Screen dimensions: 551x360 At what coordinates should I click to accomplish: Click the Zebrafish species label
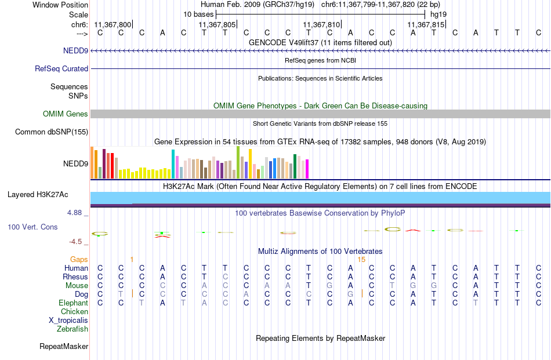click(72, 329)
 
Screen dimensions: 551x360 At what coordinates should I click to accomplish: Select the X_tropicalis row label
click(68, 321)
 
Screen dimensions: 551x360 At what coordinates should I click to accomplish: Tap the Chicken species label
click(74, 311)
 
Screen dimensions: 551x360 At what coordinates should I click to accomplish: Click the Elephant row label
click(74, 303)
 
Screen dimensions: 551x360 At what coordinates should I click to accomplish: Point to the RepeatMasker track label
click(64, 346)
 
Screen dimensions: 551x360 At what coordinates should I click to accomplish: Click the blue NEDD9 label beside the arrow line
click(75, 50)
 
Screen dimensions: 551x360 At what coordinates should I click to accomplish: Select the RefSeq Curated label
click(61, 68)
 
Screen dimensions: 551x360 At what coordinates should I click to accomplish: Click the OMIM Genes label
click(66, 114)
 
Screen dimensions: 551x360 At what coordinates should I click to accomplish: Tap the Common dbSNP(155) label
click(52, 132)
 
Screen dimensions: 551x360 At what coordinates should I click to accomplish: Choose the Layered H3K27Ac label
click(38, 195)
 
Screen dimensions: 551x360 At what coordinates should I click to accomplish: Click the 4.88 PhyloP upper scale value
click(74, 213)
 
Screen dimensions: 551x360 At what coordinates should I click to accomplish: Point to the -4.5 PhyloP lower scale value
click(75, 242)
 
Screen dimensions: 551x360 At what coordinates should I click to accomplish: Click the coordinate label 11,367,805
click(217, 24)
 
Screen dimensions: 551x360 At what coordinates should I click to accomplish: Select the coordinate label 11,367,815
click(426, 24)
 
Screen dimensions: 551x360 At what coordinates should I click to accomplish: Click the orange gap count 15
click(361, 260)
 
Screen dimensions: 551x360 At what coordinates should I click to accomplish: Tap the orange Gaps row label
click(79, 259)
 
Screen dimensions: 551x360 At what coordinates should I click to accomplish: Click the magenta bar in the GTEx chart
click(307, 169)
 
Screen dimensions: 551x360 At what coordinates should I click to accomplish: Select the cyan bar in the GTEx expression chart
click(173, 165)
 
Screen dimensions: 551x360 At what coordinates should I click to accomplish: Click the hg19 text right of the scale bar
click(438, 14)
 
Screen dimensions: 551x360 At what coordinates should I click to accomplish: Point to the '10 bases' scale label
click(198, 14)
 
